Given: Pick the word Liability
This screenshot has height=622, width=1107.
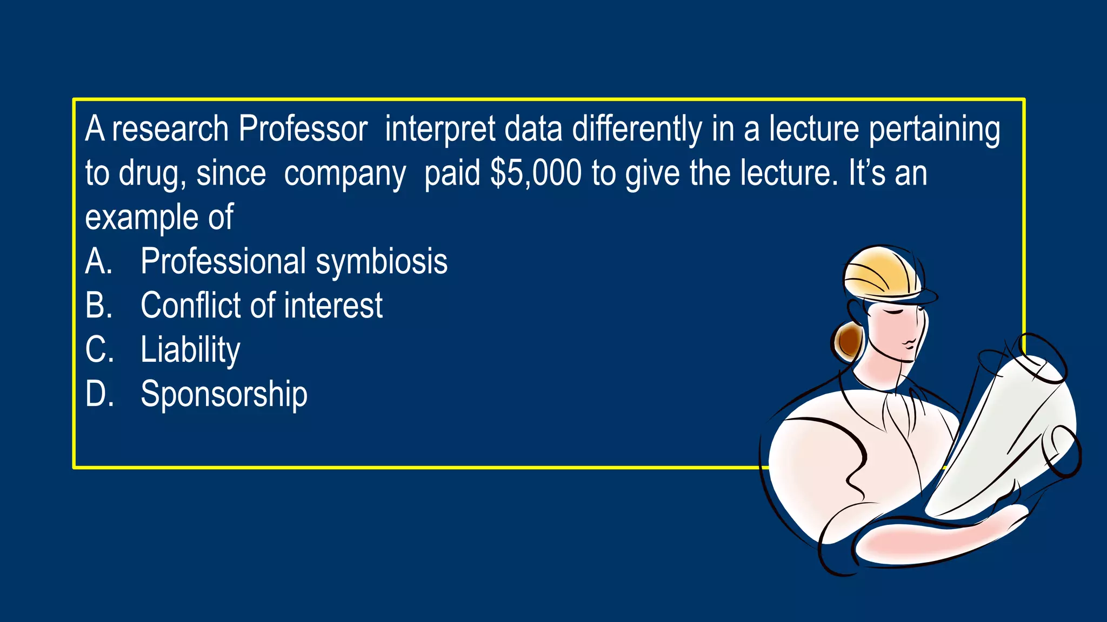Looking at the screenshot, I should tap(190, 350).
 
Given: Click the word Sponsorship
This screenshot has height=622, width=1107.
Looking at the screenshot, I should tap(224, 394).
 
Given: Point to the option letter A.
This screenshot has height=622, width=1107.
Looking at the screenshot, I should tap(98, 262).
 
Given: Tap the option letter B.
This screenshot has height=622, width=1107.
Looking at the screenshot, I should tap(98, 305).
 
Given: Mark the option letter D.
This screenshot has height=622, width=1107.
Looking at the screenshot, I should tap(99, 394).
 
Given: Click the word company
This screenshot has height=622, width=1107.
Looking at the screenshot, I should tap(345, 174).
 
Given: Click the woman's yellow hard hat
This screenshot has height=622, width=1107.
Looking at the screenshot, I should tap(881, 273).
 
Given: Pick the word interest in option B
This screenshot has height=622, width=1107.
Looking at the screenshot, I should tap(333, 305).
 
